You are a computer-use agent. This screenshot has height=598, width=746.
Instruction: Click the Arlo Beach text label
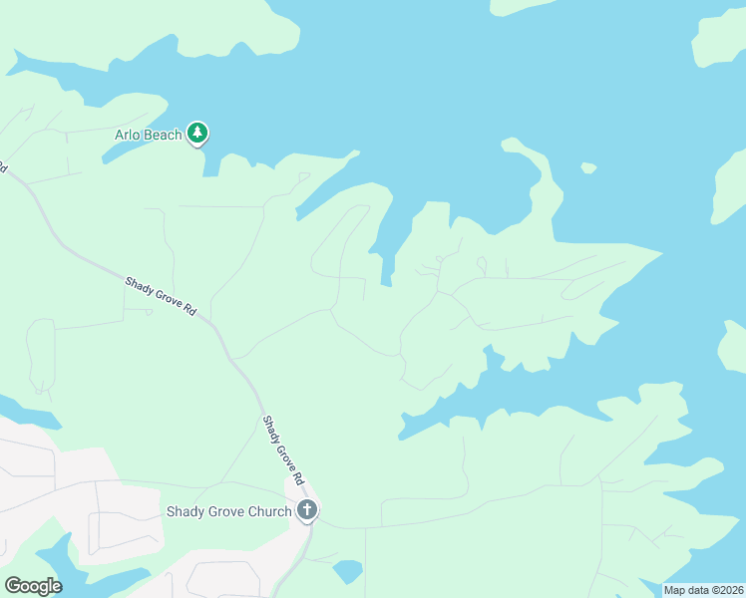149,135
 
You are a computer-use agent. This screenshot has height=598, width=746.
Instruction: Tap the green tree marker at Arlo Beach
198,133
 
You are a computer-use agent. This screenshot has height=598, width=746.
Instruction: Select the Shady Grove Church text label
228,512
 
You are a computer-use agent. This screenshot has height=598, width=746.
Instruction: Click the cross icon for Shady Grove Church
307,511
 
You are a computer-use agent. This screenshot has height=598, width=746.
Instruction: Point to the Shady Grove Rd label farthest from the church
160,297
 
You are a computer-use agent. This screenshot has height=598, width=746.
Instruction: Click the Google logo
33,585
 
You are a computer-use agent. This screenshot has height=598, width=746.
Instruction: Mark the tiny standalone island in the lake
588,167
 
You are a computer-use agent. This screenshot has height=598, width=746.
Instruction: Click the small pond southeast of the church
347,571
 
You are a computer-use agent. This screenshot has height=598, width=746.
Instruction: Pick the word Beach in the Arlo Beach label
164,135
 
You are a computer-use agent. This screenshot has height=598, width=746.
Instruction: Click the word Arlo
126,135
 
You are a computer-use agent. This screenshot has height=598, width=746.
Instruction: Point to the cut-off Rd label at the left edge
3,167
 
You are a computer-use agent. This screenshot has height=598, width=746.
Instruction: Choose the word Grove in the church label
223,512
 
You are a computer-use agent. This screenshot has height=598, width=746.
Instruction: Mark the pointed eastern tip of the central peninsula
660,253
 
